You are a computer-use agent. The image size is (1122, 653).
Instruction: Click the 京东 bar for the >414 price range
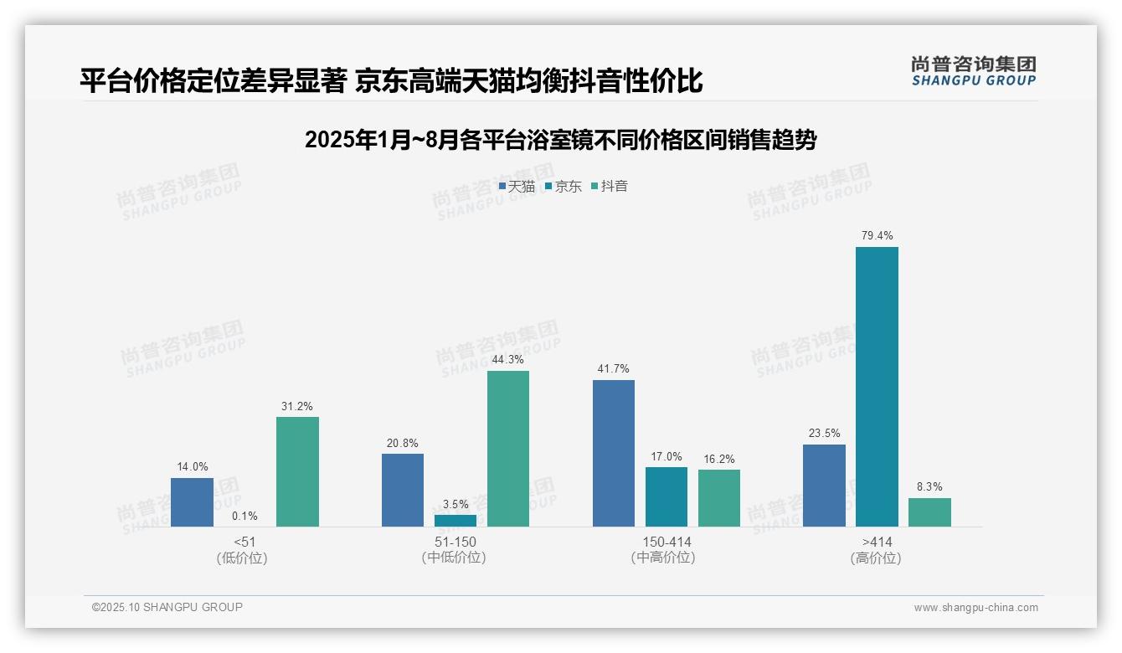(877, 386)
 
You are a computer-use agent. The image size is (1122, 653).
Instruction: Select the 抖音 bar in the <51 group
(297, 471)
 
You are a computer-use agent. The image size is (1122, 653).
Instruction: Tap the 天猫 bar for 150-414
(614, 453)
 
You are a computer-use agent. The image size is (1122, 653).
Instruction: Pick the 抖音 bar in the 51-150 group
(508, 448)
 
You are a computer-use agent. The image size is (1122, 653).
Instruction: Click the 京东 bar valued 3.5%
(455, 520)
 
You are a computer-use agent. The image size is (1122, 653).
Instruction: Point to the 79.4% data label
(877, 235)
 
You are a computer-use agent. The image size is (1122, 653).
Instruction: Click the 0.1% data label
(244, 516)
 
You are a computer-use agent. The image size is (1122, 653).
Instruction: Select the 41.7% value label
(614, 368)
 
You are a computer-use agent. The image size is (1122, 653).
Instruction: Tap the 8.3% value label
(929, 486)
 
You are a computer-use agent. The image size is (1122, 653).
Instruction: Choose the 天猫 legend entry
(517, 186)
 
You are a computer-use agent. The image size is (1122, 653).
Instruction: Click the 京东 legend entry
(564, 186)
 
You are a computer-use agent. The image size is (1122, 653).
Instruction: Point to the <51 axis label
(244, 542)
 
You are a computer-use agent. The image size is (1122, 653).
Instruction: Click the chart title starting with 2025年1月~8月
(560, 140)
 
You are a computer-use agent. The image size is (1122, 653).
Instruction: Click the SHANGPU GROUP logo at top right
(973, 70)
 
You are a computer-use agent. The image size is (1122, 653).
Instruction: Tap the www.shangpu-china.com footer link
(975, 607)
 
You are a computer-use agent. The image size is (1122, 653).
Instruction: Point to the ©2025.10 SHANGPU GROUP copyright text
(167, 607)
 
